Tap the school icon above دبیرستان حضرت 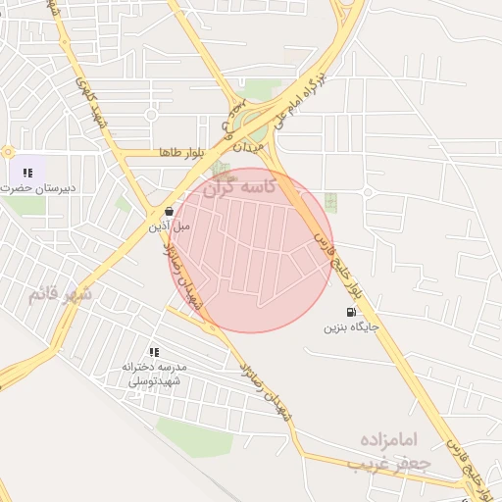tap(27, 173)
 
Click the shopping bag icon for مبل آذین tap(170, 211)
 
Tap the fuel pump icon tap(351, 312)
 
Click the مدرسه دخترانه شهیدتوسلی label tap(153, 374)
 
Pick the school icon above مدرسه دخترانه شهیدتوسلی tap(153, 352)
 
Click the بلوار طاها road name tap(178, 153)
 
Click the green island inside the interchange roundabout tap(257, 125)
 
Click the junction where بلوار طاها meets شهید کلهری tap(117, 153)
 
